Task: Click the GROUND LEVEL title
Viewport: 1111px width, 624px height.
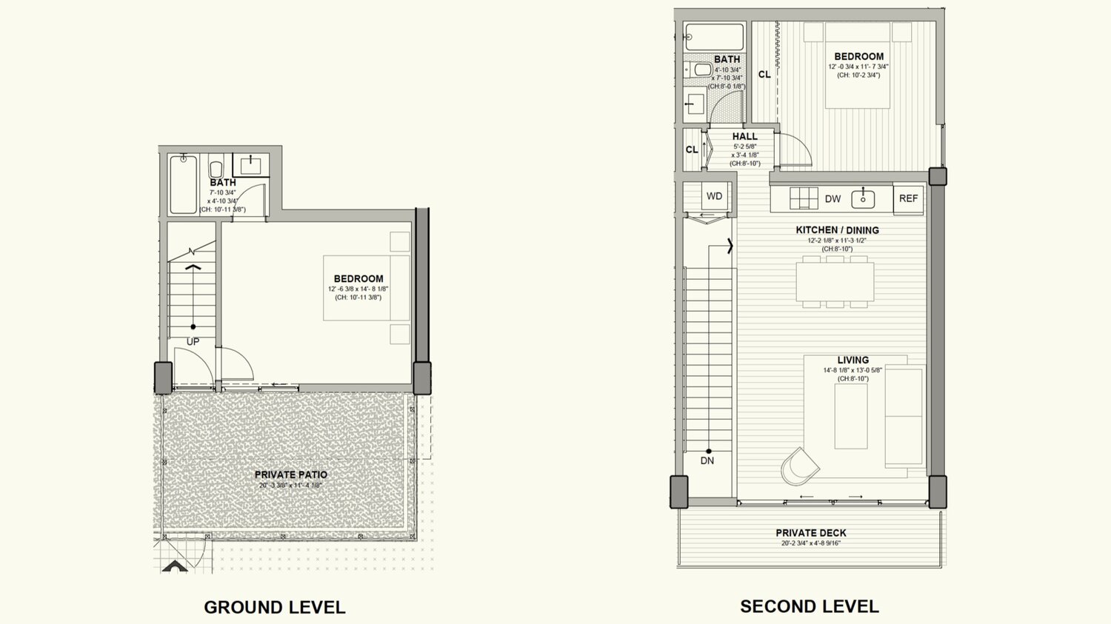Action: click(x=274, y=608)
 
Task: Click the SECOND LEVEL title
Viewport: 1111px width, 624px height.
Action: click(x=809, y=606)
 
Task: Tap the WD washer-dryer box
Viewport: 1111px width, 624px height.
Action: click(x=714, y=196)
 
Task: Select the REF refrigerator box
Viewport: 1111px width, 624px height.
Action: click(x=908, y=198)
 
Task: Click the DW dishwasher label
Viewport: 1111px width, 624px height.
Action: click(x=833, y=198)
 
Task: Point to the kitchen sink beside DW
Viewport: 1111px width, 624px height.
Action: click(x=863, y=198)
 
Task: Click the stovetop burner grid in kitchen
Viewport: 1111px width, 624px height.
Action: click(x=804, y=198)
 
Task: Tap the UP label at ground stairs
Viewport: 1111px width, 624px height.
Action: click(x=193, y=342)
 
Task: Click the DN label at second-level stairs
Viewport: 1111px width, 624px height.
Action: click(x=707, y=460)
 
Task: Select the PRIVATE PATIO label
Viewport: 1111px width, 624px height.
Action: click(x=290, y=474)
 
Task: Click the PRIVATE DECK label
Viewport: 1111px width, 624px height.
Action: click(x=810, y=533)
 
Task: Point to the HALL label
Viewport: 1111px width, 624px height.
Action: click(x=744, y=136)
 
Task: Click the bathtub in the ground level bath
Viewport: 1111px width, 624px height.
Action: click(x=183, y=184)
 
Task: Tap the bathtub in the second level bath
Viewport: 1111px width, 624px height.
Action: click(x=714, y=37)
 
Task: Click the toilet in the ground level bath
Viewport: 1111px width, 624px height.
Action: click(x=216, y=168)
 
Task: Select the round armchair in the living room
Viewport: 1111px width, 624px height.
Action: click(x=799, y=466)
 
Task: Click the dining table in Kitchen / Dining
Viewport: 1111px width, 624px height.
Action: click(x=835, y=281)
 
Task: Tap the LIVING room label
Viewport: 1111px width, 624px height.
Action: click(x=853, y=360)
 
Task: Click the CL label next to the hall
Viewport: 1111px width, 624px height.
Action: click(x=692, y=150)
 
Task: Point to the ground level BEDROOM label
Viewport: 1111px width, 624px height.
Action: click(x=358, y=279)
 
